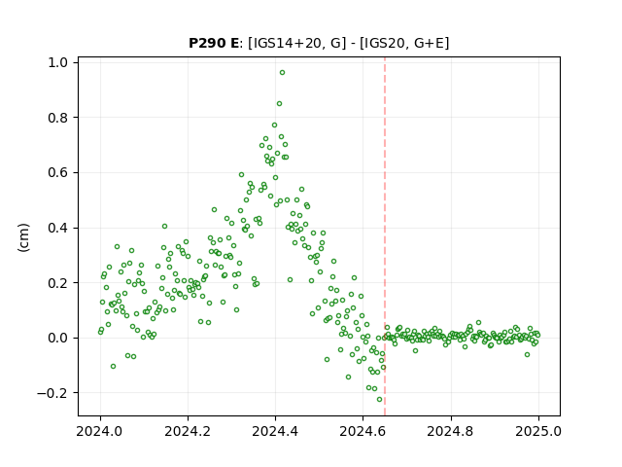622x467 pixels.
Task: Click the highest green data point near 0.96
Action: (282, 73)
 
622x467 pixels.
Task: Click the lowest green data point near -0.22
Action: (379, 400)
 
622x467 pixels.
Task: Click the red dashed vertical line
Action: (385, 236)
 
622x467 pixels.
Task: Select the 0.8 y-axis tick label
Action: (57, 118)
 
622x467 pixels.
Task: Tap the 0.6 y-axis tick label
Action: (57, 173)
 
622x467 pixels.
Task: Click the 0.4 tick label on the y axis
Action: (57, 228)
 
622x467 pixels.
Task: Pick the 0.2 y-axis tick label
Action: (57, 283)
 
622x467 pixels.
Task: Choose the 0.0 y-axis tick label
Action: (57, 338)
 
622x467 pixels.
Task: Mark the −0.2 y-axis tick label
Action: (52, 393)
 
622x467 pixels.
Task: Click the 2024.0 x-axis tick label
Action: (100, 431)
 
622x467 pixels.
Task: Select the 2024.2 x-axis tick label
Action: (188, 431)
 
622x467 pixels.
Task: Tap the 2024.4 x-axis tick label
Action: (275, 431)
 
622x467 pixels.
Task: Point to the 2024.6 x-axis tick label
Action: (363, 431)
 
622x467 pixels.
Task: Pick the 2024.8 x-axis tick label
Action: (451, 431)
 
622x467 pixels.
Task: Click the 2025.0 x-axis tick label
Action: (538, 431)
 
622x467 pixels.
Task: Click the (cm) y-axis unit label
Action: (23, 237)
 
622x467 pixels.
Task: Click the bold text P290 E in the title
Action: (214, 43)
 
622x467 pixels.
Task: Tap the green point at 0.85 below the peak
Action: (279, 104)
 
